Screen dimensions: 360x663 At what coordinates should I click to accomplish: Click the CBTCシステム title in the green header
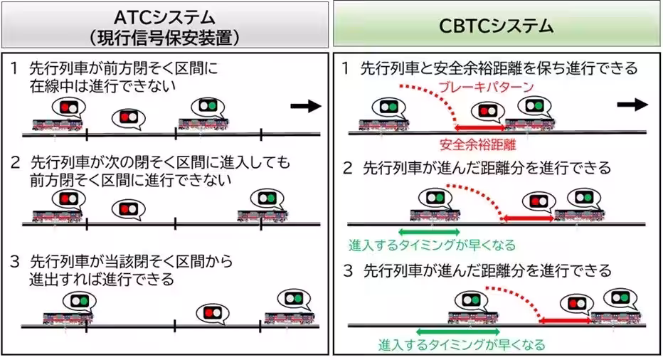click(x=496, y=26)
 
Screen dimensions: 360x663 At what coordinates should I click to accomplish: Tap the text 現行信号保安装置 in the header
click(x=165, y=36)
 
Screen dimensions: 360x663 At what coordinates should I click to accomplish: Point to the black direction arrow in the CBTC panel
click(x=632, y=104)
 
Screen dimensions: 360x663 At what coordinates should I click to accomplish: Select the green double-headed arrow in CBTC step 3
click(x=447, y=331)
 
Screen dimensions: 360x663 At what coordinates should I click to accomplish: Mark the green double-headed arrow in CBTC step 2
click(x=429, y=231)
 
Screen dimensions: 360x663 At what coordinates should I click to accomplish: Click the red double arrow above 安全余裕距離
click(x=480, y=128)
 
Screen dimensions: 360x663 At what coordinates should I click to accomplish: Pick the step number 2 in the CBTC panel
click(x=348, y=169)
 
